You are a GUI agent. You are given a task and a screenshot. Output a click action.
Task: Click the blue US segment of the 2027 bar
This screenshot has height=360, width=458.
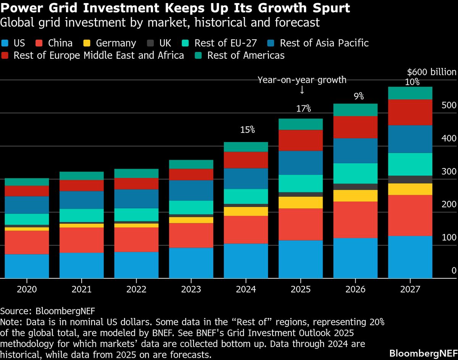[410, 257]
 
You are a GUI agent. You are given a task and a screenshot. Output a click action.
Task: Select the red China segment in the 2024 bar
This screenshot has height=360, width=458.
[246, 229]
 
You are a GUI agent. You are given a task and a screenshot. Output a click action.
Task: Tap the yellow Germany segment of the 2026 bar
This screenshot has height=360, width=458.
[355, 195]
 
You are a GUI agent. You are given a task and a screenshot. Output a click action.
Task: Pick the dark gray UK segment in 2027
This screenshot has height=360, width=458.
[410, 179]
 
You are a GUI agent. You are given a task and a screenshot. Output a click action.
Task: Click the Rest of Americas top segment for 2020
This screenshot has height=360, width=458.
[27, 182]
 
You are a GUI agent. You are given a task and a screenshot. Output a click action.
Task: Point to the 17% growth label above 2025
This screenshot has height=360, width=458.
[304, 109]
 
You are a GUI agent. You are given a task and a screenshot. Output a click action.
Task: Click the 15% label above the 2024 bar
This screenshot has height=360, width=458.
[247, 130]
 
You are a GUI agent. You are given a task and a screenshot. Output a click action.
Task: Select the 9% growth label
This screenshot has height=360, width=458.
[359, 97]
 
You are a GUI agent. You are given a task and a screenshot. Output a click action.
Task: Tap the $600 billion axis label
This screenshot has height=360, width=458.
[431, 72]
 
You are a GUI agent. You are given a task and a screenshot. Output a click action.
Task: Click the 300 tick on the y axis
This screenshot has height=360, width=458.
[449, 171]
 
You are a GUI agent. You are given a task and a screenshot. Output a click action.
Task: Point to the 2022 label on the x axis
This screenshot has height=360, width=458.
[136, 289]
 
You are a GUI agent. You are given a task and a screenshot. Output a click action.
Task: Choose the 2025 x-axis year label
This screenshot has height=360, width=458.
[300, 289]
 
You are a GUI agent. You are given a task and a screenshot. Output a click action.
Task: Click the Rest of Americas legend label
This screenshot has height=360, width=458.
[246, 55]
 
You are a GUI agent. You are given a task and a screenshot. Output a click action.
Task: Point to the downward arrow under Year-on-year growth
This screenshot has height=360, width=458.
[302, 90]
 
